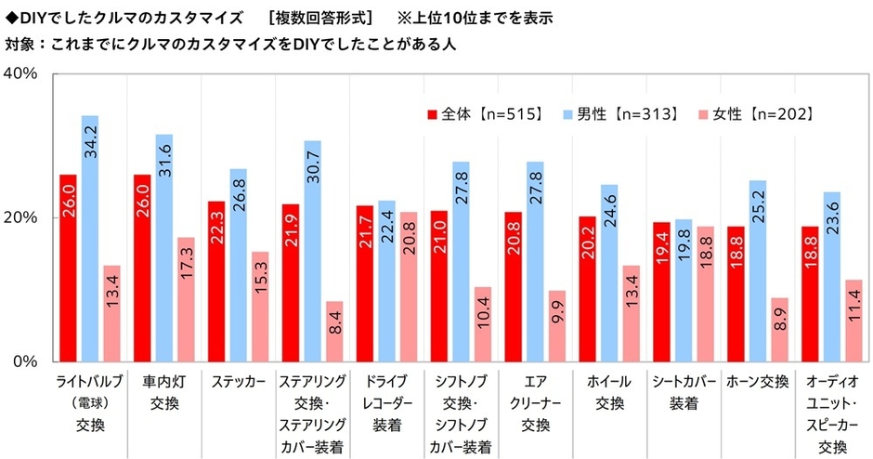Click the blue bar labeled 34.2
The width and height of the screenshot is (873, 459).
90,239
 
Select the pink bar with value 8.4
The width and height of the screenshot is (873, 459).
334,332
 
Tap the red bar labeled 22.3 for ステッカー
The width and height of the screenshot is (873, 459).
216,282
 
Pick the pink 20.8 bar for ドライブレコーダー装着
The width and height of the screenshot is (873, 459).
409,287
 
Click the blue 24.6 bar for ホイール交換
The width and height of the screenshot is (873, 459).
609,273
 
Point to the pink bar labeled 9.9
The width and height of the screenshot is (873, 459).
556,326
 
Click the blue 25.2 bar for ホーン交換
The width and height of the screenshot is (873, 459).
758,270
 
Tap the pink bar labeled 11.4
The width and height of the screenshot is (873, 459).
853,321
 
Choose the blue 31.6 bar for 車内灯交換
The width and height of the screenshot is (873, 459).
164,248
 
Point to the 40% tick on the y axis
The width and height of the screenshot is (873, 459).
20,74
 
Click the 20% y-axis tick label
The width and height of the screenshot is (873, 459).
20,217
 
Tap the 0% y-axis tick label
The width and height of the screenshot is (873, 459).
25,361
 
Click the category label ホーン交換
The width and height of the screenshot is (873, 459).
758,382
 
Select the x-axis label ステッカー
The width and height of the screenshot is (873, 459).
239,382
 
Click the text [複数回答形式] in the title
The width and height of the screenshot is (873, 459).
320,18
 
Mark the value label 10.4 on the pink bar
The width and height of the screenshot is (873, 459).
483,311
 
